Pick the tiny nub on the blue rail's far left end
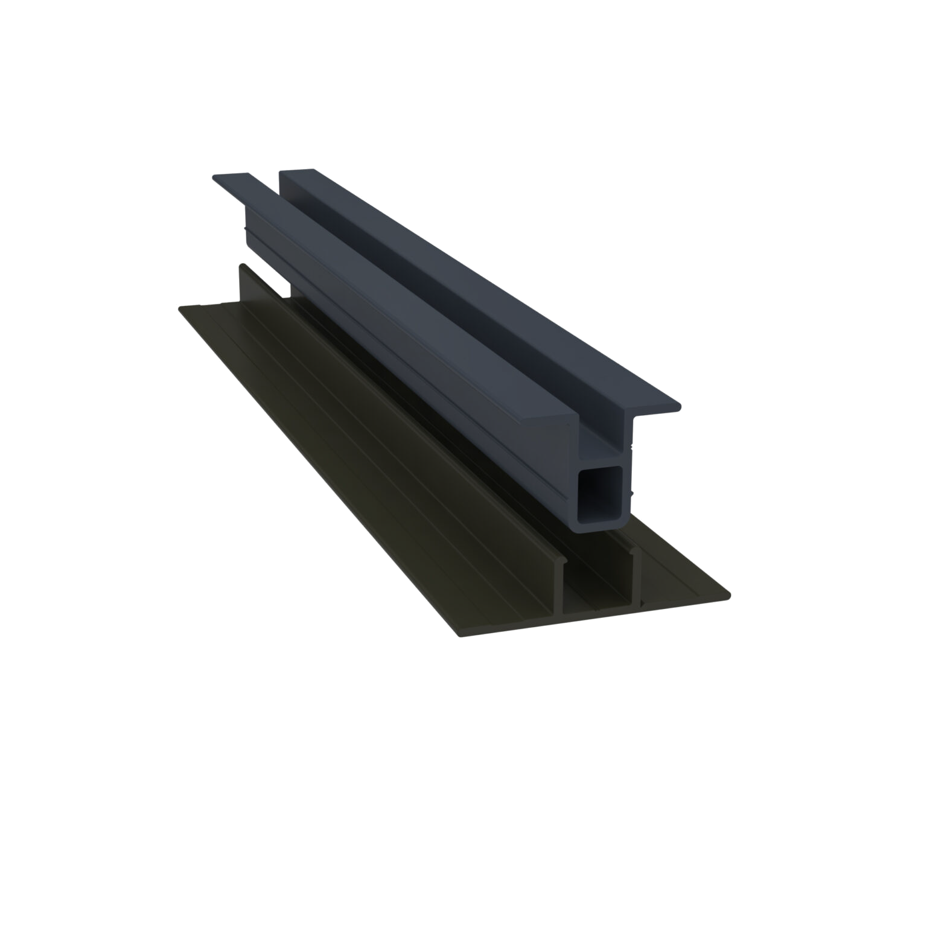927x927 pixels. tap(244, 230)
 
